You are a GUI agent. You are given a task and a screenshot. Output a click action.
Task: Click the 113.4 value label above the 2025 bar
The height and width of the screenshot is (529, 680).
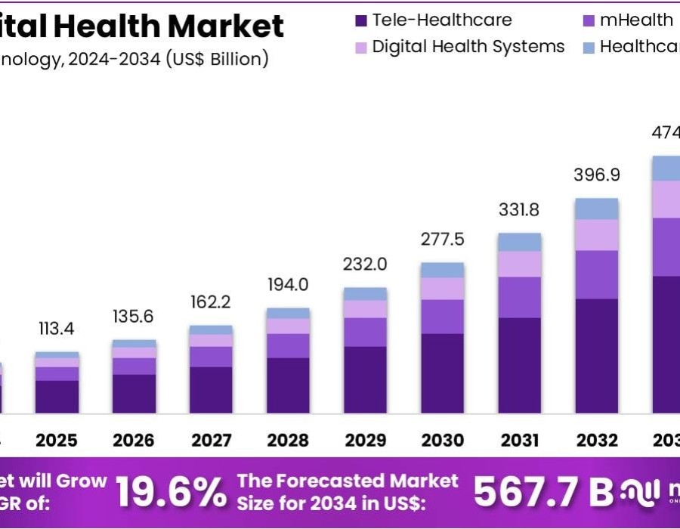[57, 329]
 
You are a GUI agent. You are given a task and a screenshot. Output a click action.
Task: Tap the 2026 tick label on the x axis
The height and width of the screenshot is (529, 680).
[134, 440]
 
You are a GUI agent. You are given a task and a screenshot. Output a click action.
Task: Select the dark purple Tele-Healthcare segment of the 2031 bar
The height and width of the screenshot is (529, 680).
[519, 365]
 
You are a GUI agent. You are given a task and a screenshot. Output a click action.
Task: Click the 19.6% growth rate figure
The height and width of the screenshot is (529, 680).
[171, 492]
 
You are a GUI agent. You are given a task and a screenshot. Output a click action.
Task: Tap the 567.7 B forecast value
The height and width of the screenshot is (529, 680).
[543, 492]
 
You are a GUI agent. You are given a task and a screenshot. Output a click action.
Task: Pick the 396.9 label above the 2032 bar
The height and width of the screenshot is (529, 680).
[596, 175]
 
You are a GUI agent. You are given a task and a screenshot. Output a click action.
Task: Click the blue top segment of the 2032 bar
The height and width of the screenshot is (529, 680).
[596, 209]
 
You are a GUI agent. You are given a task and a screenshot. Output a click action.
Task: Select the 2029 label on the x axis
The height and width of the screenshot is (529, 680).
[365, 440]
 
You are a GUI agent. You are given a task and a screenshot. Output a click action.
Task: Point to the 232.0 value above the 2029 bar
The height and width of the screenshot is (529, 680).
[365, 264]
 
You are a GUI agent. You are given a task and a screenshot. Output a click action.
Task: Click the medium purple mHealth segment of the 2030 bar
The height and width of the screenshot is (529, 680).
[442, 317]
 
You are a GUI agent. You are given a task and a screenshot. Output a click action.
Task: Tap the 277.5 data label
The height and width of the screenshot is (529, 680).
[442, 240]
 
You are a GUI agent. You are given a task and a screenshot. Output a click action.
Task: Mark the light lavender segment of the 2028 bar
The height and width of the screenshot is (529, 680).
[288, 326]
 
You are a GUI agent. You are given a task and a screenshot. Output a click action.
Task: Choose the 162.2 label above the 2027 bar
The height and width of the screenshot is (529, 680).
[211, 302]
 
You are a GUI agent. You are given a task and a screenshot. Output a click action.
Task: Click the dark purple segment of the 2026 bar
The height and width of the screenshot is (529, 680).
[134, 394]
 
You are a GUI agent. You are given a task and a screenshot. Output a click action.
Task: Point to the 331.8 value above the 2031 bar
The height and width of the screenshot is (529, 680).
[519, 209]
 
